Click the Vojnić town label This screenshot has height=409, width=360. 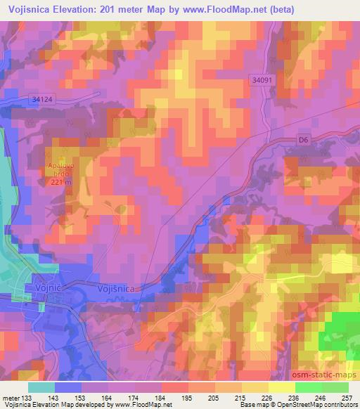(48, 287)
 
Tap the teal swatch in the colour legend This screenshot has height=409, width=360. (41, 387)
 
